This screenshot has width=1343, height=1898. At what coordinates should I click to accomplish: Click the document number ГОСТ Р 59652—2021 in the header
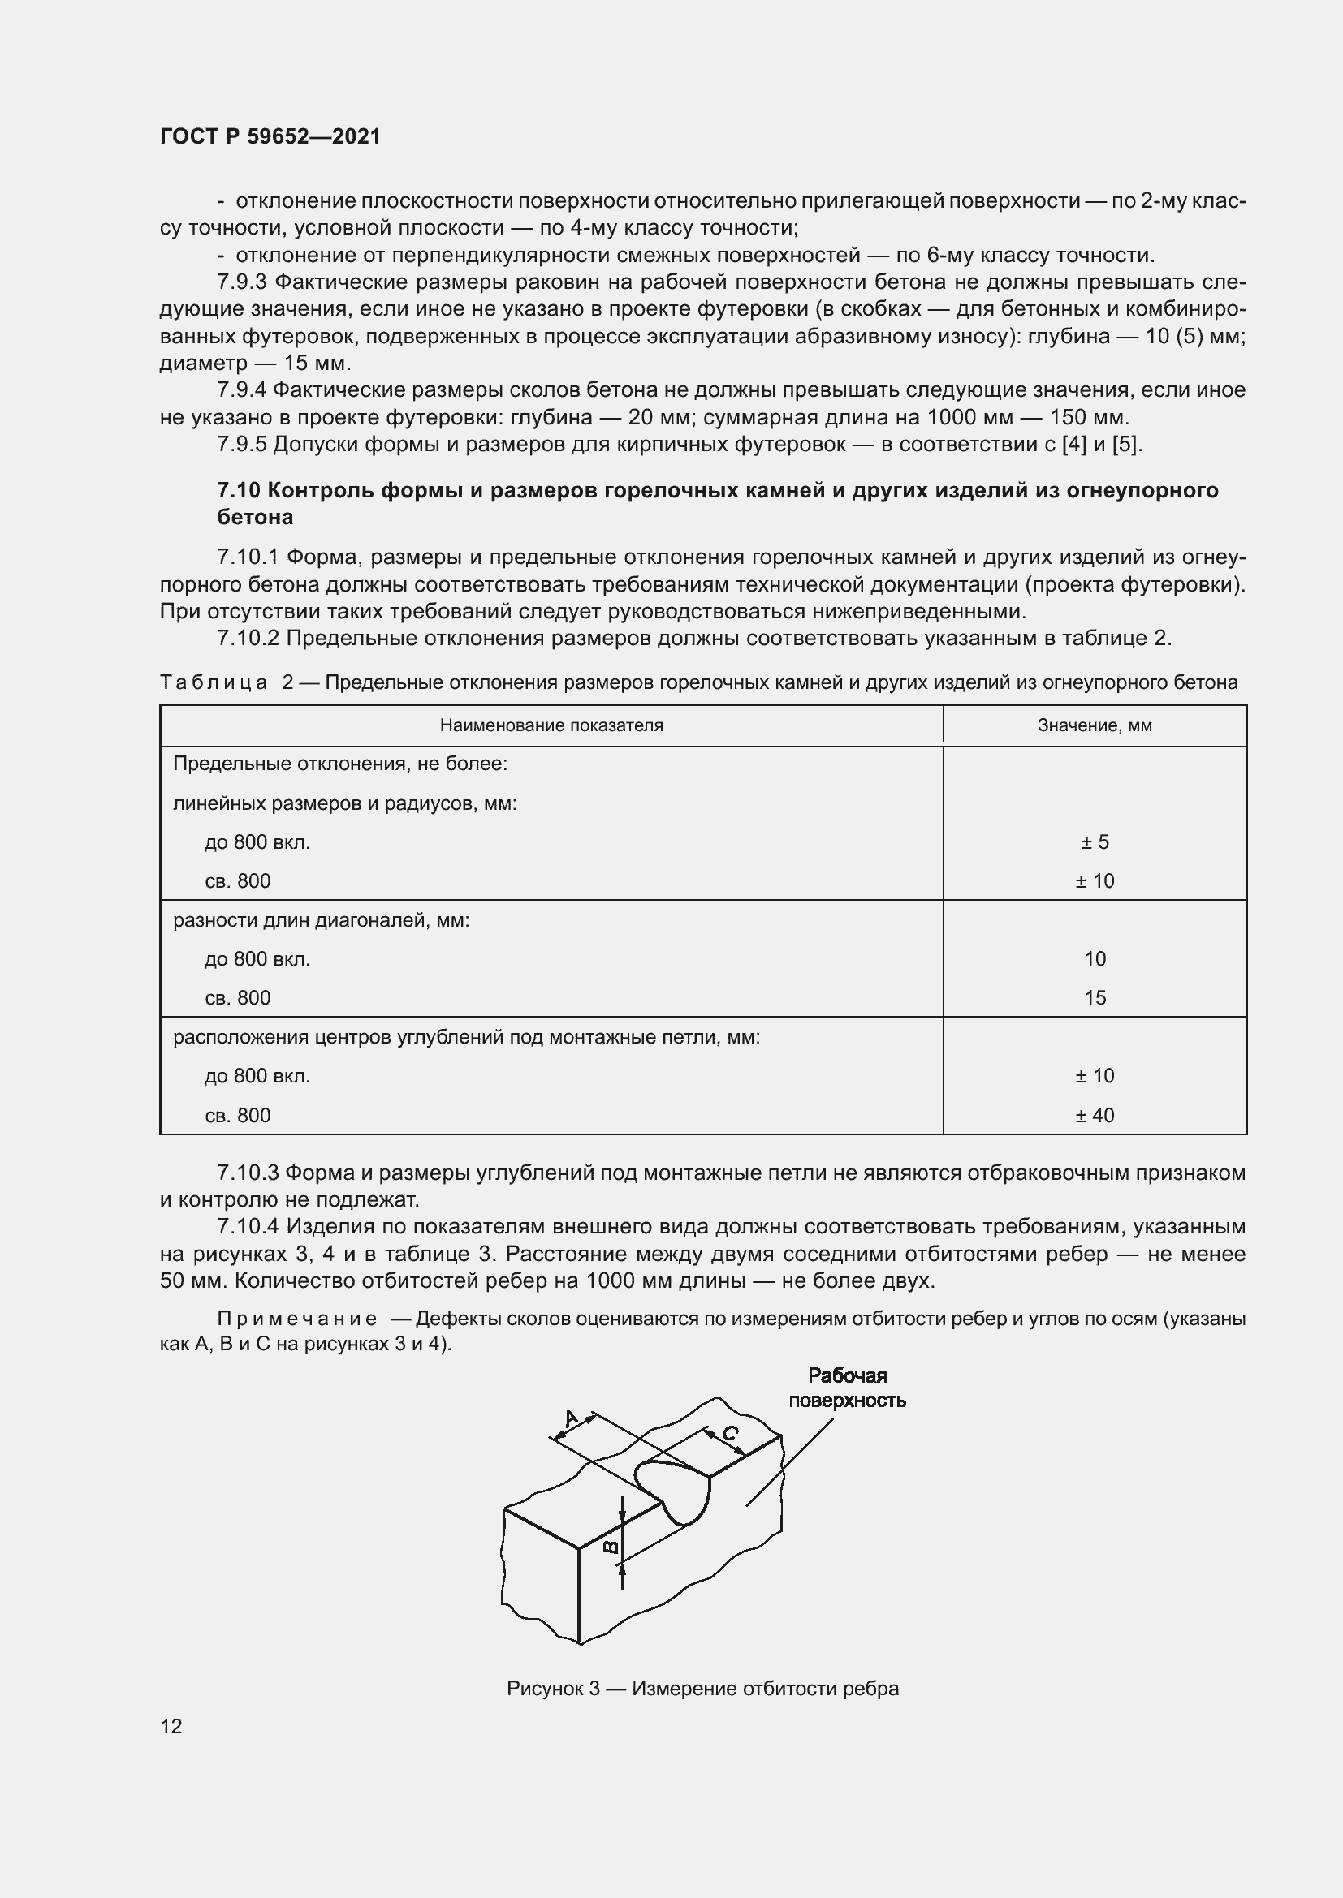[270, 137]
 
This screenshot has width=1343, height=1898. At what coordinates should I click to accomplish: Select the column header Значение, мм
[1094, 725]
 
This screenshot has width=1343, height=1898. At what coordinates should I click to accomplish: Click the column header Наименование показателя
[551, 725]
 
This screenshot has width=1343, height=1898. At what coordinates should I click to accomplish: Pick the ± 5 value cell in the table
[1094, 841]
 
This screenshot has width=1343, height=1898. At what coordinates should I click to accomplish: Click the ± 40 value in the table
[1094, 1115]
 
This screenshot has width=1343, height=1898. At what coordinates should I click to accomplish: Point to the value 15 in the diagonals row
[1094, 998]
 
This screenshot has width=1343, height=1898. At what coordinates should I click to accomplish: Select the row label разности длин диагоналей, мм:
[321, 920]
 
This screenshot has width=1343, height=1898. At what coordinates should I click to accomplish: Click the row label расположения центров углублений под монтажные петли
[465, 1036]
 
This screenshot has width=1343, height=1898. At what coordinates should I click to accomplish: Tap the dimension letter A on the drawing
[571, 1418]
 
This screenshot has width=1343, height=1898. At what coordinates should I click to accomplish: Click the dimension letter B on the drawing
[611, 1547]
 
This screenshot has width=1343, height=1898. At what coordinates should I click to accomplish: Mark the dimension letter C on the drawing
[730, 1432]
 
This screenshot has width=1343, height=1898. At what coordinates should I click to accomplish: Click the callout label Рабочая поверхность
[847, 1388]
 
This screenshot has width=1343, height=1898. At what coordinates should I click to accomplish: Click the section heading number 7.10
[239, 490]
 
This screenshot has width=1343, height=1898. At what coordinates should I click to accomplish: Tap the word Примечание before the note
[297, 1319]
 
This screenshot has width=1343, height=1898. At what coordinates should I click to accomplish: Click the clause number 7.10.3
[248, 1173]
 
